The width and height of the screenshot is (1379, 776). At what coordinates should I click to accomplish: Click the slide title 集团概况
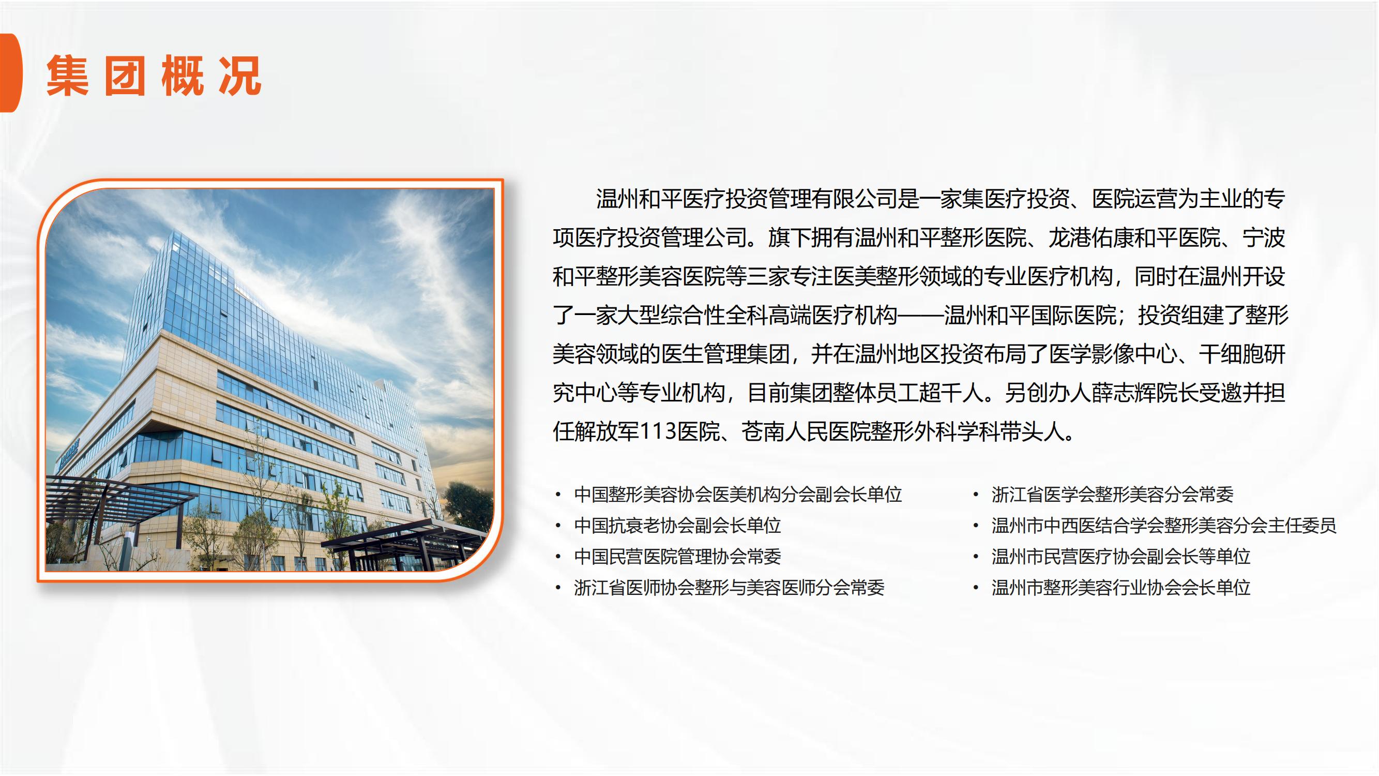(154, 76)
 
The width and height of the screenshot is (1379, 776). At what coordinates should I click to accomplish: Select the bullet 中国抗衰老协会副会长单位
(677, 526)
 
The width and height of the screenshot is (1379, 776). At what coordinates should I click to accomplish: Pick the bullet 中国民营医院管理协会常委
(677, 557)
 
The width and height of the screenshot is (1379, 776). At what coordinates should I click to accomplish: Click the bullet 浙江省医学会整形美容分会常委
(1112, 494)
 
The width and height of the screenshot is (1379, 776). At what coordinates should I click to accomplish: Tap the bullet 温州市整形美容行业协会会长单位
(1121, 588)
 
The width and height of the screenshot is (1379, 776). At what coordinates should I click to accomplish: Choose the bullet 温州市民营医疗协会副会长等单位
(1121, 557)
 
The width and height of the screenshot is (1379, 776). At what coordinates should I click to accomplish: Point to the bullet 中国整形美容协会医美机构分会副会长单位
(738, 494)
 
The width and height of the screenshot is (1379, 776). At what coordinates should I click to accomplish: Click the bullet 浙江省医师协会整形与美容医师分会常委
(729, 588)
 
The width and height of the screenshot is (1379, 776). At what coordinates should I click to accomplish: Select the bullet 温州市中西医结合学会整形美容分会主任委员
(1164, 526)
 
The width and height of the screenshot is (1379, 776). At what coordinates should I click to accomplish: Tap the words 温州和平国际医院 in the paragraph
(1030, 315)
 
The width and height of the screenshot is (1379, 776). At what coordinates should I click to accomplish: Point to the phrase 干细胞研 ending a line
(1242, 354)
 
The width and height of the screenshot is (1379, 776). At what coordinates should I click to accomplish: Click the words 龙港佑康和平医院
(1134, 237)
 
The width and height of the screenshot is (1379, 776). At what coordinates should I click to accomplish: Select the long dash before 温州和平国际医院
(921, 316)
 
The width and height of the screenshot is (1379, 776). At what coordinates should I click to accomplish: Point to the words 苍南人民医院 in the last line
(806, 431)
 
